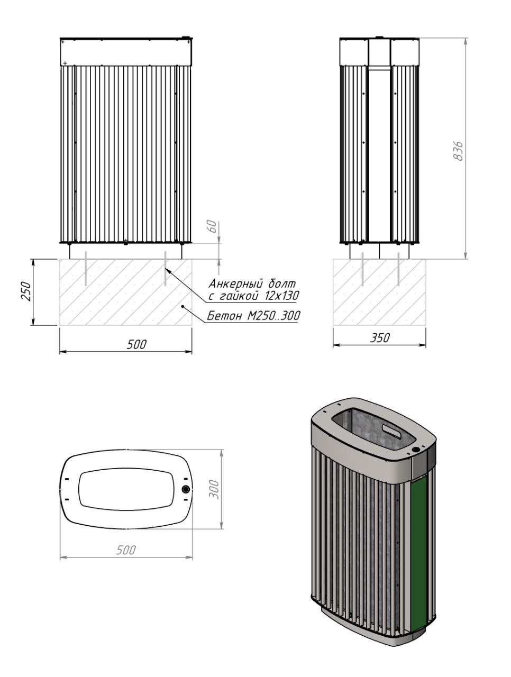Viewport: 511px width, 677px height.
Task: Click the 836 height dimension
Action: click(459, 151)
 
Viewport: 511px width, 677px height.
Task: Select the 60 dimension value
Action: click(213, 227)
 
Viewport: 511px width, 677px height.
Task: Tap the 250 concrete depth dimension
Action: click(26, 291)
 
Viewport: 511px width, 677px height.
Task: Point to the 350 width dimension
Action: click(380, 338)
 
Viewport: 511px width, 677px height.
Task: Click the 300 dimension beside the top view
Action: click(213, 489)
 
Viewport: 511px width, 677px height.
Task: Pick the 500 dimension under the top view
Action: click(126, 550)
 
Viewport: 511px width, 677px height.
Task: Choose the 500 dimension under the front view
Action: click(136, 344)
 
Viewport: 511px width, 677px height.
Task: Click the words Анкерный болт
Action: click(252, 283)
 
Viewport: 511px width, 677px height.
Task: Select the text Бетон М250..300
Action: click(253, 316)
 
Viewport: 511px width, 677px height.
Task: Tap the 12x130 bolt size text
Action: click(282, 296)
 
